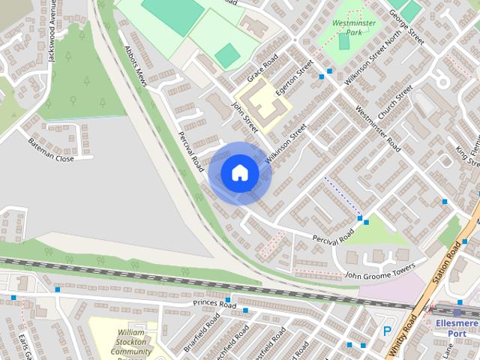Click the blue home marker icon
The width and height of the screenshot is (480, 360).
point(239,172)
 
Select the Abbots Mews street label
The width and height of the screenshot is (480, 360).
point(136,66)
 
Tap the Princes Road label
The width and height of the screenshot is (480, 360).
point(214,304)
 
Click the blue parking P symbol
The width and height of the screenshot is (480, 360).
point(388,331)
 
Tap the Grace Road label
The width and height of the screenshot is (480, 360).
point(262,68)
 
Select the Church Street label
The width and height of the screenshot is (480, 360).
point(395,102)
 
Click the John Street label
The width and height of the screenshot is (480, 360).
point(245,118)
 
